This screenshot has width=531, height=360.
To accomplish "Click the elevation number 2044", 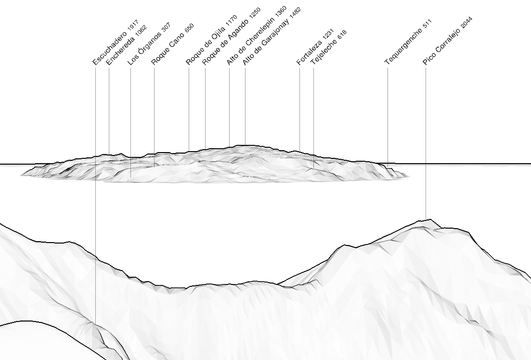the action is [466, 23].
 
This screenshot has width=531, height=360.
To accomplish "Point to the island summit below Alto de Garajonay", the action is [245, 145].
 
